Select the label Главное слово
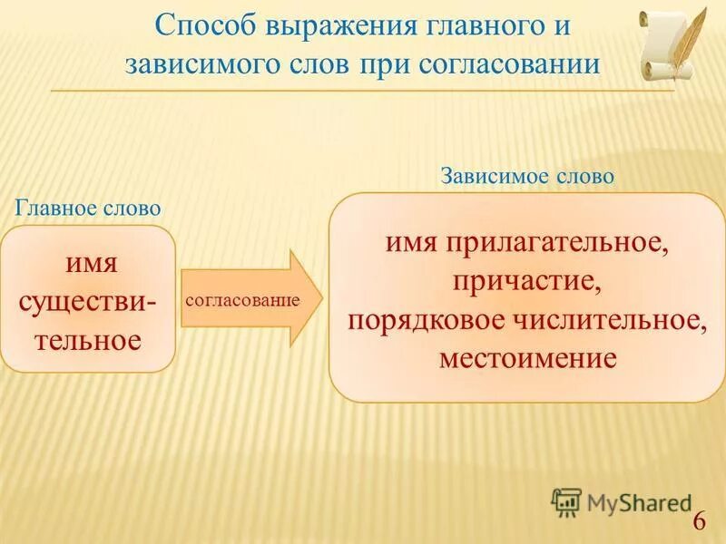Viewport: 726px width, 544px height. [88, 208]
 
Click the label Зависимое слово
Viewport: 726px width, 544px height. [527, 177]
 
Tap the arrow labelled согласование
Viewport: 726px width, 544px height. [250, 298]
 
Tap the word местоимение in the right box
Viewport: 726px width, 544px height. [527, 357]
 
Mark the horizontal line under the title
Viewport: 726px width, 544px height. [363, 91]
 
